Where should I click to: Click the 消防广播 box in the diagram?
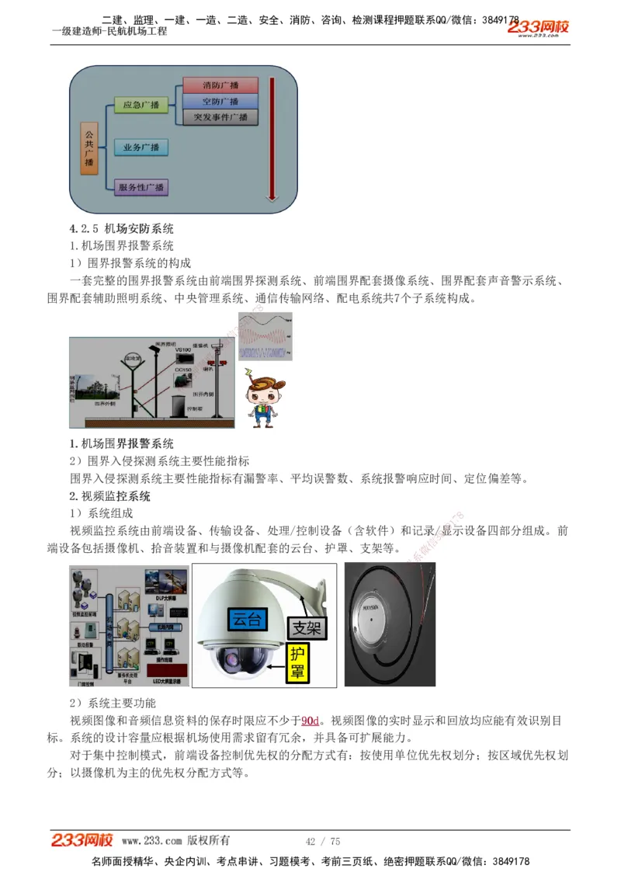[x=220, y=85]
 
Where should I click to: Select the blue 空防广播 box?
[x=220, y=101]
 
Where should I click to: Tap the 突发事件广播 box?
[x=220, y=117]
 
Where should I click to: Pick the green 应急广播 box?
[x=141, y=105]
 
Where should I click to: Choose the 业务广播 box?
[x=141, y=147]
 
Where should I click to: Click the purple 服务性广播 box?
[x=141, y=187]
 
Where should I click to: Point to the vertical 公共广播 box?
[x=88, y=148]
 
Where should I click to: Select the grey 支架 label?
[x=305, y=627]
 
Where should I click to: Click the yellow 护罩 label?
[x=297, y=662]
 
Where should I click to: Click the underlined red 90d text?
[x=310, y=721]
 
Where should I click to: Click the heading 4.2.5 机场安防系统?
[x=122, y=228]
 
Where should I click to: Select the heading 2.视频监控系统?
[x=110, y=496]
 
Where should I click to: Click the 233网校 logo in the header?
[x=538, y=28]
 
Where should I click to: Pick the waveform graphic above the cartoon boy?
[x=265, y=336]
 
